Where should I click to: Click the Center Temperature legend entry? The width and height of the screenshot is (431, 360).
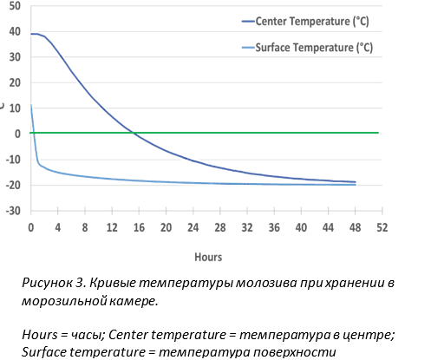pos(305,22)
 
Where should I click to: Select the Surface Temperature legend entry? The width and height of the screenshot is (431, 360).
pos(307,48)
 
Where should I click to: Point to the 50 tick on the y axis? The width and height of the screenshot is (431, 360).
pos(15,6)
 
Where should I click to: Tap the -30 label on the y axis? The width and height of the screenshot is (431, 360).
pos(13,211)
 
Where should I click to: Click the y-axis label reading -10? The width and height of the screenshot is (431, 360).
pos(13,160)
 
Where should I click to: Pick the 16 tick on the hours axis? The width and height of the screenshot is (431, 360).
pos(139,228)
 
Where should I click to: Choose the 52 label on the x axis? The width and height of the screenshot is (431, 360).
pos(382,228)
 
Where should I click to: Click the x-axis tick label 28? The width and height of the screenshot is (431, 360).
pos(220,228)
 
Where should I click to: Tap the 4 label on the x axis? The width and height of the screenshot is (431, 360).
pos(58,228)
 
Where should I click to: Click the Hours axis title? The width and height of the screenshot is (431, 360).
pos(208,257)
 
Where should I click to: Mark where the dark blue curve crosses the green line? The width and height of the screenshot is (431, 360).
pos(134,133)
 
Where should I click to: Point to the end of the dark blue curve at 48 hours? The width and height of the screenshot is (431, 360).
pos(356,182)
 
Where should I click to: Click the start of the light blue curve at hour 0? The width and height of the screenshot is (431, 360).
pos(31,105)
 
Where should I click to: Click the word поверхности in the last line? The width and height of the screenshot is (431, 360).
pos(295,352)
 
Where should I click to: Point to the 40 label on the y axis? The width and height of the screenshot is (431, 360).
pos(15,31)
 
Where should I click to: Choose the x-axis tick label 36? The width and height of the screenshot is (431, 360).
pos(274,228)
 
